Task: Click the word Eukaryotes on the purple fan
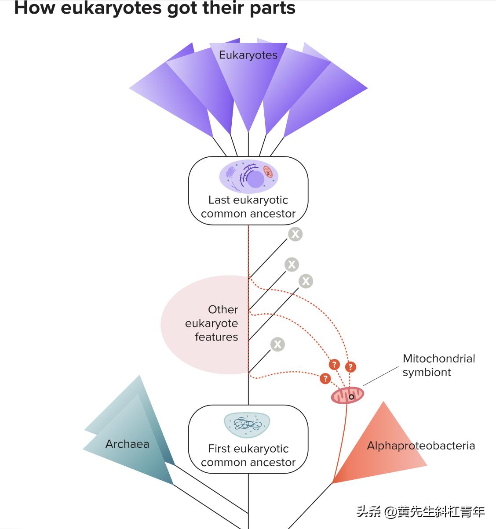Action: [x=248, y=55]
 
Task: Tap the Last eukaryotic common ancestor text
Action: [x=248, y=207]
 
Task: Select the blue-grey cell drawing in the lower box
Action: [x=248, y=424]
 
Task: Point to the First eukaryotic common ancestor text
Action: [x=248, y=456]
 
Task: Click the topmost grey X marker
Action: [x=295, y=234]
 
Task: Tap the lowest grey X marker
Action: [x=277, y=344]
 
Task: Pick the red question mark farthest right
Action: [x=350, y=366]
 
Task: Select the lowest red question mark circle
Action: [x=325, y=378]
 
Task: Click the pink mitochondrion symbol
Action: [x=347, y=396]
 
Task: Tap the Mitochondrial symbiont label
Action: [x=438, y=365]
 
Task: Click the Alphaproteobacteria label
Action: [x=421, y=446]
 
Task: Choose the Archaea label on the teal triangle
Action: [x=127, y=444]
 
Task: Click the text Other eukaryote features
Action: [x=212, y=323]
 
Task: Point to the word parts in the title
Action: [x=272, y=8]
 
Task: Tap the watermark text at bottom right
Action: [x=421, y=512]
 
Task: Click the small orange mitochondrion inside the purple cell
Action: [x=268, y=172]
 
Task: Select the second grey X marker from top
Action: [x=292, y=264]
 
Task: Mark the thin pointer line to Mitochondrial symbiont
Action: [x=381, y=377]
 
